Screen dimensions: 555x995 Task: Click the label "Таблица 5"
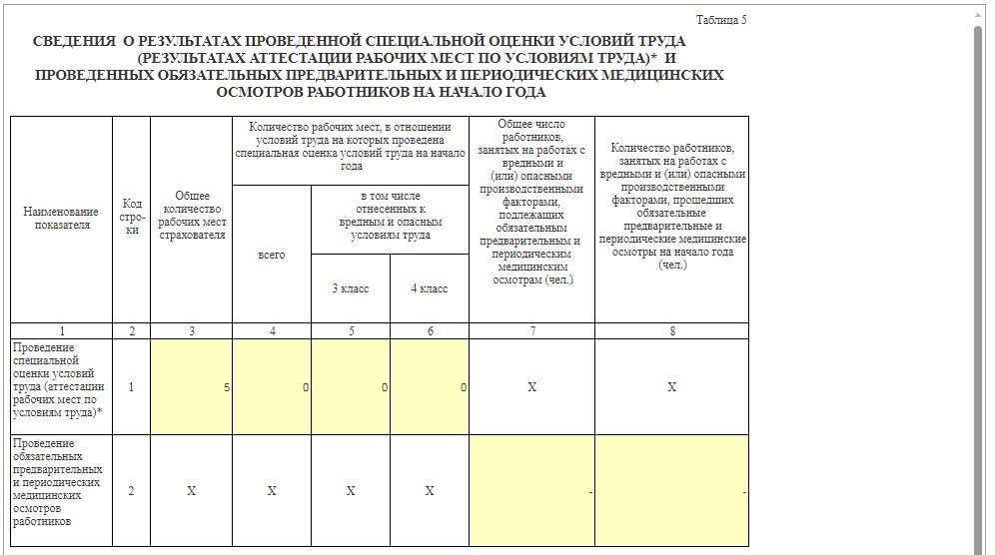click(x=720, y=20)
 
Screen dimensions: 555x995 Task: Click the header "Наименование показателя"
click(x=61, y=219)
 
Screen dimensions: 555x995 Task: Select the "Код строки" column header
click(x=132, y=218)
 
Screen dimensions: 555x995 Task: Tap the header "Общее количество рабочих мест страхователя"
click(x=191, y=216)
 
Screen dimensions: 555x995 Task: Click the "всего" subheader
click(x=271, y=255)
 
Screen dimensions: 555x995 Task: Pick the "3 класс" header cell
click(x=350, y=288)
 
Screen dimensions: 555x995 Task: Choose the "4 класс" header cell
click(x=430, y=288)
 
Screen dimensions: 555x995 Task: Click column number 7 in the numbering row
click(x=531, y=330)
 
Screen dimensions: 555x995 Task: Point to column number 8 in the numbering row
click(x=671, y=330)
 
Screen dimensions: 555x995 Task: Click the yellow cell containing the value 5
click(x=191, y=386)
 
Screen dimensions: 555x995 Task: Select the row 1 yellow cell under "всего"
click(x=271, y=386)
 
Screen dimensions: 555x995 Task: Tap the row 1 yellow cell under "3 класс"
click(x=350, y=386)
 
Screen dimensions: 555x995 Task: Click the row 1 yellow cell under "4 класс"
click(x=430, y=386)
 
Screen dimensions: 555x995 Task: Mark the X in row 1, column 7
click(x=531, y=386)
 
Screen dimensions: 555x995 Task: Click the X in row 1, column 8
click(x=671, y=386)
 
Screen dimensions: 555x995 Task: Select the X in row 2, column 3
click(x=191, y=491)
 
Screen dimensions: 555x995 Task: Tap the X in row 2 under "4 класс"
click(x=430, y=491)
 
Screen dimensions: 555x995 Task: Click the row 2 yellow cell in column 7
click(x=531, y=491)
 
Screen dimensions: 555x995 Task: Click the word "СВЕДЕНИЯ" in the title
click(x=74, y=42)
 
